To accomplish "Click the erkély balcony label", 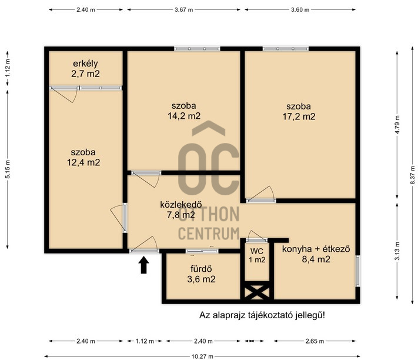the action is pos(85,64).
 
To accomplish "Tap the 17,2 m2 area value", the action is pos(299,116).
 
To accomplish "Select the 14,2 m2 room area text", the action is pos(184,116).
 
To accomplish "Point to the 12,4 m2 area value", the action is pos(83,162).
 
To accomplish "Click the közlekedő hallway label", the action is pos(180,205).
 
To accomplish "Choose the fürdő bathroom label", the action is pos(201,269).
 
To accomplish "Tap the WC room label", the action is pos(257,251).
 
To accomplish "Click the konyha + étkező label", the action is pos(316,249).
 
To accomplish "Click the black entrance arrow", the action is pos(143,265).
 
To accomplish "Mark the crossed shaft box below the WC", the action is pos(257,291).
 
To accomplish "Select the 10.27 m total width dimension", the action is pos(202,356).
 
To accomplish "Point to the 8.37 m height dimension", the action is pos(413,175).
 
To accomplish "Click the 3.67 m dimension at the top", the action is pos(183,10).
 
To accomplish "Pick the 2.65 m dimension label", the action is pos(315,341).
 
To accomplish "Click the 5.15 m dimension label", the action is pos(8,169).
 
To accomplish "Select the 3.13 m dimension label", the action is pos(397,251).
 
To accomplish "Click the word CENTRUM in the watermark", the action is pos(209,234).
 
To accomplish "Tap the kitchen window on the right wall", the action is pos(358,271).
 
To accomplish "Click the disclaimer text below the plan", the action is pos(262,315).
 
